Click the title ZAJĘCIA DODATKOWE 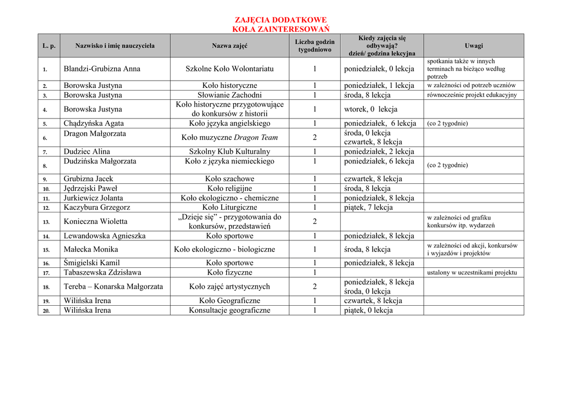(280, 20)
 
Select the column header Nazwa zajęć (229, 46)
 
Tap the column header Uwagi (474, 46)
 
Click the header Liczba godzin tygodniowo (314, 46)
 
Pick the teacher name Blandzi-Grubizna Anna (102, 69)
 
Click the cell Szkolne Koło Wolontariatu (229, 69)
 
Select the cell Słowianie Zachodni (229, 95)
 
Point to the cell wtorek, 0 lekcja (370, 109)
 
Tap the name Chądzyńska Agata (94, 124)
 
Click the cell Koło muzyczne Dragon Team (229, 138)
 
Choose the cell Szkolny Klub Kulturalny (229, 152)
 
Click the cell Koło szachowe (229, 179)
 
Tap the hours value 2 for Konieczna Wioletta (314, 222)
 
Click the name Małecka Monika (91, 249)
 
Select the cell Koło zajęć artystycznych (229, 287)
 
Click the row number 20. (47, 311)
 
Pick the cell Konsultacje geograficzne (229, 310)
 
